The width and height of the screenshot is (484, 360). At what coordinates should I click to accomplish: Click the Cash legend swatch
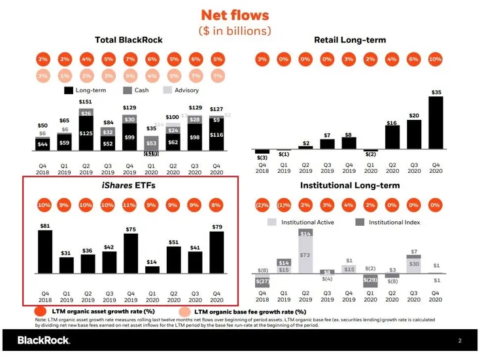click(x=128, y=90)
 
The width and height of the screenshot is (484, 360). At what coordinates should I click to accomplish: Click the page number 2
click(x=460, y=341)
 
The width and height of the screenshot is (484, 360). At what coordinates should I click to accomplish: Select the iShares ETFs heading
click(x=128, y=186)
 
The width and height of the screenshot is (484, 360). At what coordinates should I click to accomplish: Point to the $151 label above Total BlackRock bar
click(x=86, y=102)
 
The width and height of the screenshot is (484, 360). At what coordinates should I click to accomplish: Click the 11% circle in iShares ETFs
click(x=130, y=205)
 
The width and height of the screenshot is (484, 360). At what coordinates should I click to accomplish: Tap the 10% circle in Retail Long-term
click(x=435, y=59)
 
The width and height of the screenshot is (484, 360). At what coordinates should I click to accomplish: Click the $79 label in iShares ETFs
click(x=216, y=227)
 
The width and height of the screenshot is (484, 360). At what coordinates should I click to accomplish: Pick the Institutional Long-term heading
click(x=349, y=186)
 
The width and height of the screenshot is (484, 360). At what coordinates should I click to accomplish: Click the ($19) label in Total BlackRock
click(x=151, y=154)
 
